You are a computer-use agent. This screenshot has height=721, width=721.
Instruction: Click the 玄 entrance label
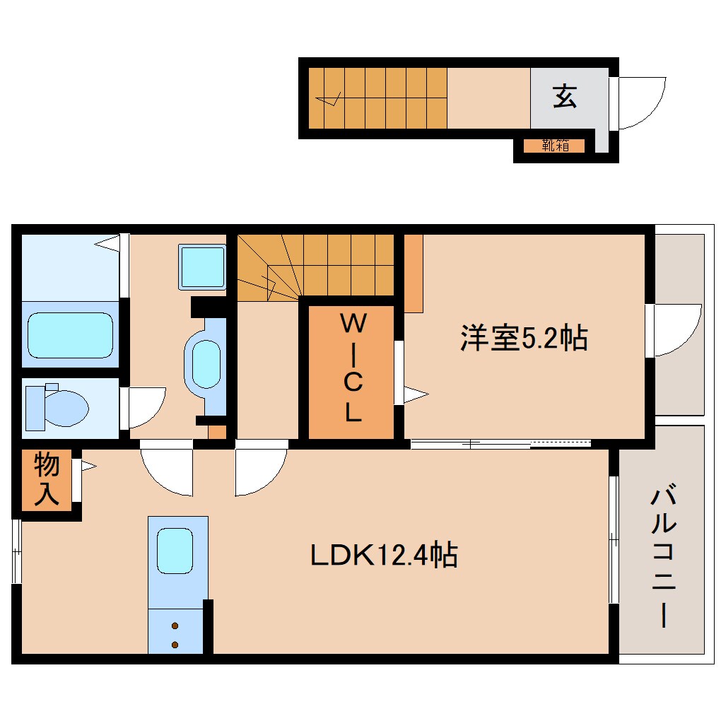click(564, 96)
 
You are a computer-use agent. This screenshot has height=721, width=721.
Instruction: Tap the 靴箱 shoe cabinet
click(555, 146)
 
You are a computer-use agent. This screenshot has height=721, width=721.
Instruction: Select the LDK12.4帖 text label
click(384, 555)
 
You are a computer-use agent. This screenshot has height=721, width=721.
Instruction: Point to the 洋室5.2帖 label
click(523, 338)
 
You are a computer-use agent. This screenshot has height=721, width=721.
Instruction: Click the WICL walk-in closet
click(351, 370)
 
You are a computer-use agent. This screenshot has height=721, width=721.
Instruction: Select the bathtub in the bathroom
click(69, 336)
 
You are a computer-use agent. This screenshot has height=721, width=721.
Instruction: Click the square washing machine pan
click(202, 266)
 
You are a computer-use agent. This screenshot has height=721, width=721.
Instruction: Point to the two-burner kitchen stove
click(175, 634)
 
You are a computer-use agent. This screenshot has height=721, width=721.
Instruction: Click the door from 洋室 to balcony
click(675, 331)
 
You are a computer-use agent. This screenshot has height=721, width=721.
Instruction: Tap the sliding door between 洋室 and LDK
click(500, 444)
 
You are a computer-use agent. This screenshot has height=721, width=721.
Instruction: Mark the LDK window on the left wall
click(16, 551)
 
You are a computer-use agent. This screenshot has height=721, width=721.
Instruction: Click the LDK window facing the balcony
click(614, 539)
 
